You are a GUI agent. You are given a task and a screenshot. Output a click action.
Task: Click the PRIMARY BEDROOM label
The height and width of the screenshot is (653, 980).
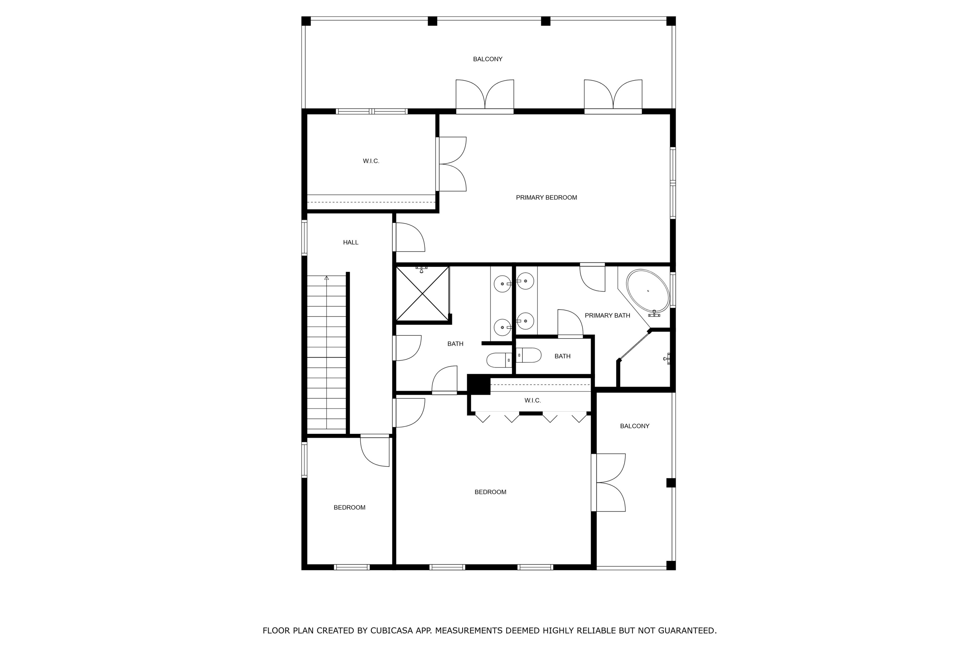tap(546, 198)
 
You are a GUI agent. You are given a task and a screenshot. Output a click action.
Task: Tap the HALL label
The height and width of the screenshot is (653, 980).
tap(351, 242)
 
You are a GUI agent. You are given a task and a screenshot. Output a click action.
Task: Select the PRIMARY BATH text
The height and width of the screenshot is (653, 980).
tap(607, 316)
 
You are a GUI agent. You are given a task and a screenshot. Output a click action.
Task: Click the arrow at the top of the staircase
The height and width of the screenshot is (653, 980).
tap(327, 278)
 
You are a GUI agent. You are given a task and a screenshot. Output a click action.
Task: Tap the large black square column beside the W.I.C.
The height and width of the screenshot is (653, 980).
tap(478, 384)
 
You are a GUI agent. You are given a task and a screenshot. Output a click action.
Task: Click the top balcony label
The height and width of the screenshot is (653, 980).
tap(487, 59)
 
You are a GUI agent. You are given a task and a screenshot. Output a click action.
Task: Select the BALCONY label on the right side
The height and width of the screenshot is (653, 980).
tap(634, 426)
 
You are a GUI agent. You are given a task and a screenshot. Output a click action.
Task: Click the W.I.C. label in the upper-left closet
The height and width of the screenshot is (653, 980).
tap(371, 161)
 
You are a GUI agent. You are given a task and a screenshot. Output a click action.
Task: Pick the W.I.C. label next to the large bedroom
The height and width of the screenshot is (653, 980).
tap(532, 401)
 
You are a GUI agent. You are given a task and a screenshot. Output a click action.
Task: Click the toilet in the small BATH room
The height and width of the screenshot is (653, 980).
tap(529, 355)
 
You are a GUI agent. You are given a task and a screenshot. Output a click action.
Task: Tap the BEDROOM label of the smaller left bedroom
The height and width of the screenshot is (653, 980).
tap(349, 507)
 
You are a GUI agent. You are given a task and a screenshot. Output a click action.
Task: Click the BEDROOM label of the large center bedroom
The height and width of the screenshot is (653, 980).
tap(490, 492)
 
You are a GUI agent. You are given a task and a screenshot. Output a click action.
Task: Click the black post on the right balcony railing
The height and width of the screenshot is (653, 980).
tap(670, 483)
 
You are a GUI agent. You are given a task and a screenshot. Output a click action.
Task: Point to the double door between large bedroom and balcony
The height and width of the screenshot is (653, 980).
tap(608, 482)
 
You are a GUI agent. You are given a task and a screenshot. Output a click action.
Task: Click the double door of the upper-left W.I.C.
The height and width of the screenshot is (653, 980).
tap(451, 164)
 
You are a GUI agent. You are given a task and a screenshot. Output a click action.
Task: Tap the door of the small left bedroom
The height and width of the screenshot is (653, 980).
tap(375, 451)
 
